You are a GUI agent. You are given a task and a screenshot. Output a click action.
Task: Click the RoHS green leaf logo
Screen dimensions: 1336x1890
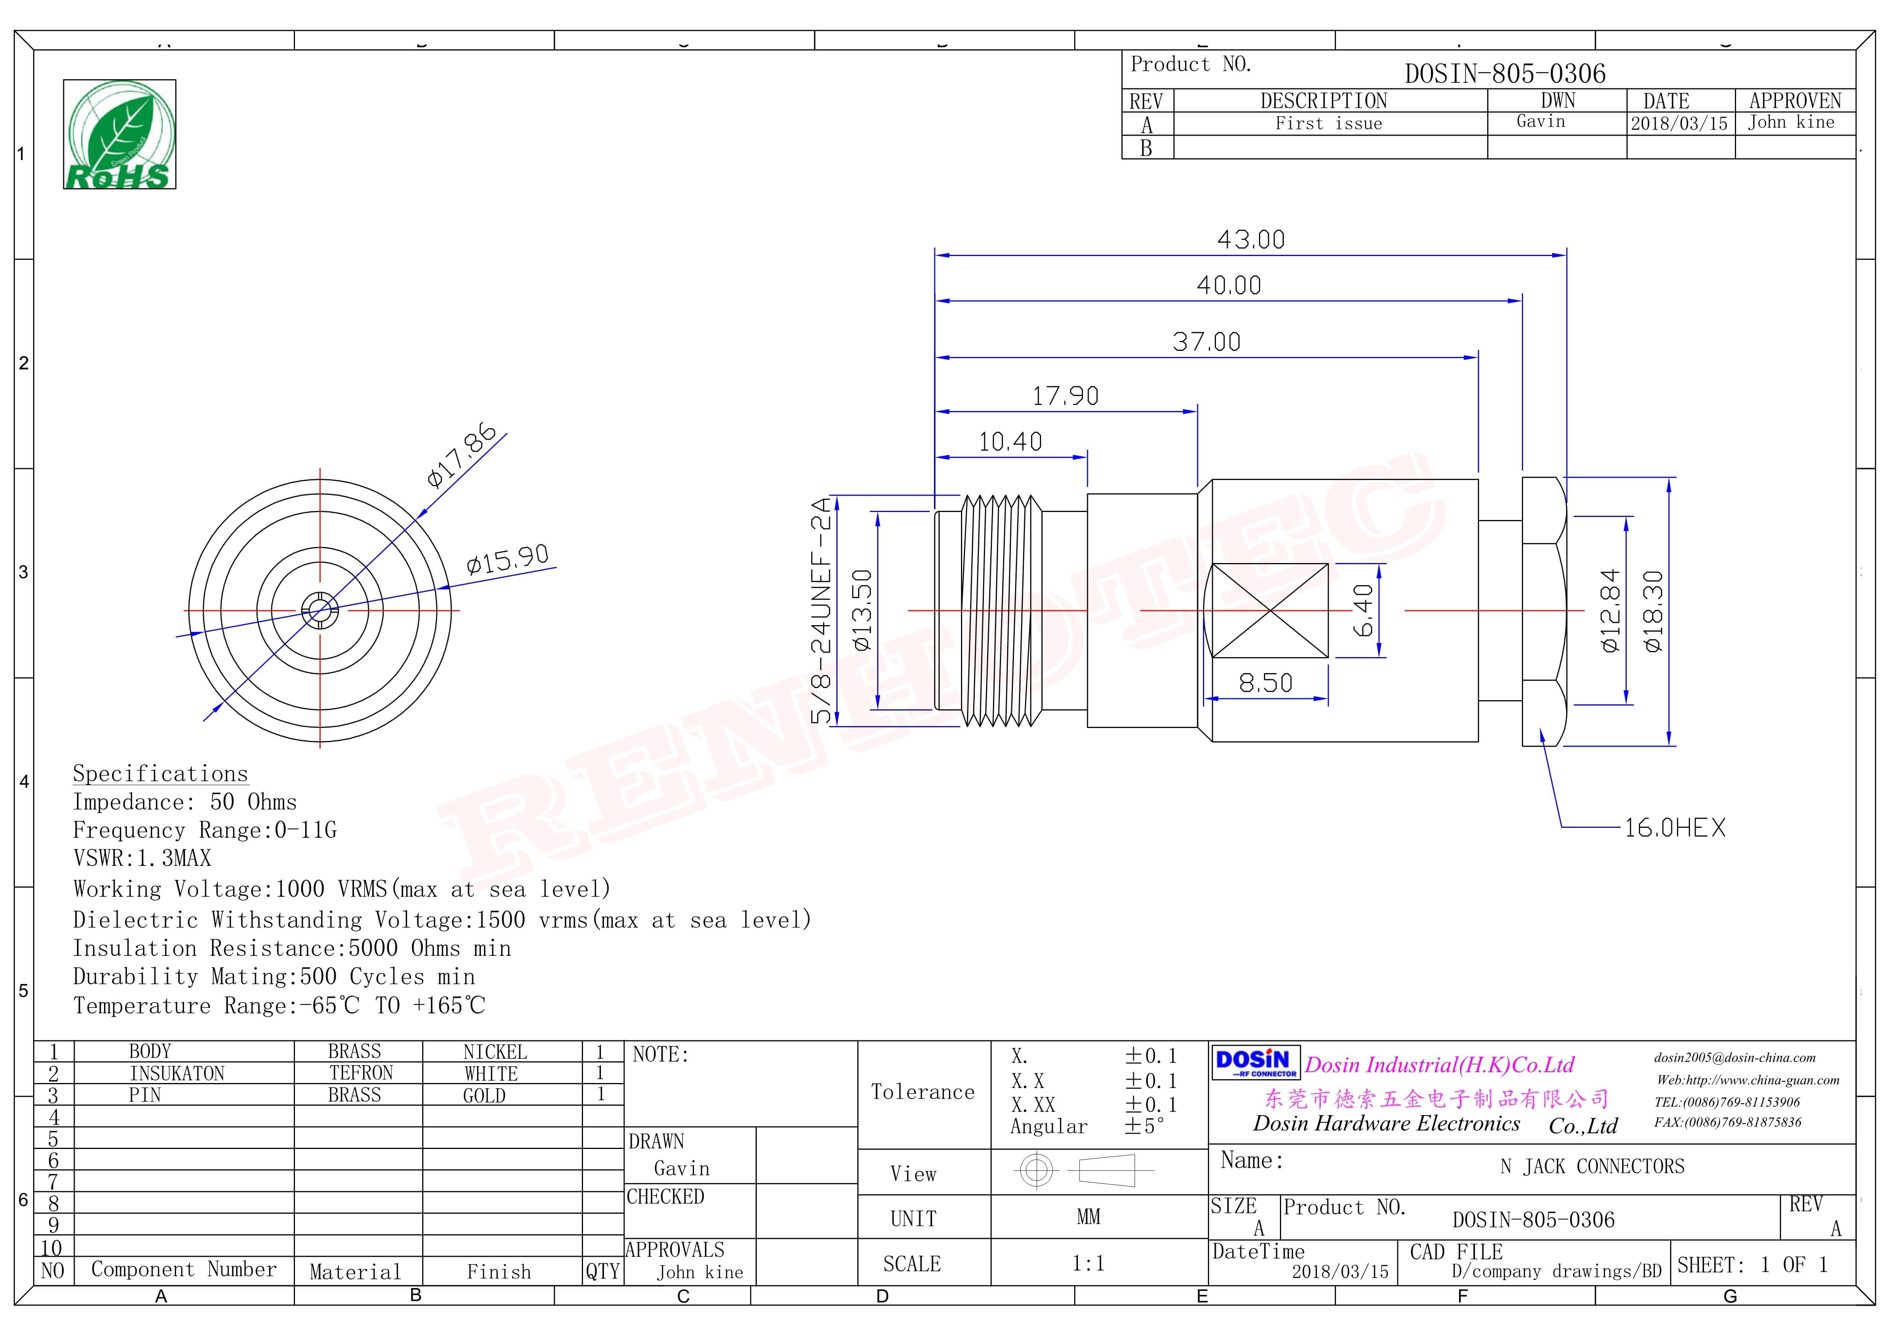[x=119, y=134]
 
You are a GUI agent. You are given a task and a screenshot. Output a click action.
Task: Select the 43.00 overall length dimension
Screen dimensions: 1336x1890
[x=1250, y=240]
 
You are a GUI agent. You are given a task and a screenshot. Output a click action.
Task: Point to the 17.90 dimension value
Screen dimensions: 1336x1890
[x=1065, y=396]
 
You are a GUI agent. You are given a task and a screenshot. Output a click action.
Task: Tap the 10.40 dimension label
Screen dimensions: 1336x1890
[x=1010, y=442]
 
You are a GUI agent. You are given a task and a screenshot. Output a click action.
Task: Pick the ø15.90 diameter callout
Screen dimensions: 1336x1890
[x=507, y=560]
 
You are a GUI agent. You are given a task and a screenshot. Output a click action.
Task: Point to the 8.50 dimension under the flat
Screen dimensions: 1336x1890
[x=1265, y=682]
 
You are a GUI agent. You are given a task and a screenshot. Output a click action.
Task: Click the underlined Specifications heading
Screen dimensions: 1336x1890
[x=160, y=774]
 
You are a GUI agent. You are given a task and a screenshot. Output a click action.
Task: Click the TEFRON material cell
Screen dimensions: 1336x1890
[x=360, y=1074]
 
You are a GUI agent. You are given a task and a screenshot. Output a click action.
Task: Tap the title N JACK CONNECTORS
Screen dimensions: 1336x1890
[x=1592, y=1166]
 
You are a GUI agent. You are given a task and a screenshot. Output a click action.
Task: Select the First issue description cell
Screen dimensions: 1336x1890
[x=1329, y=123]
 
